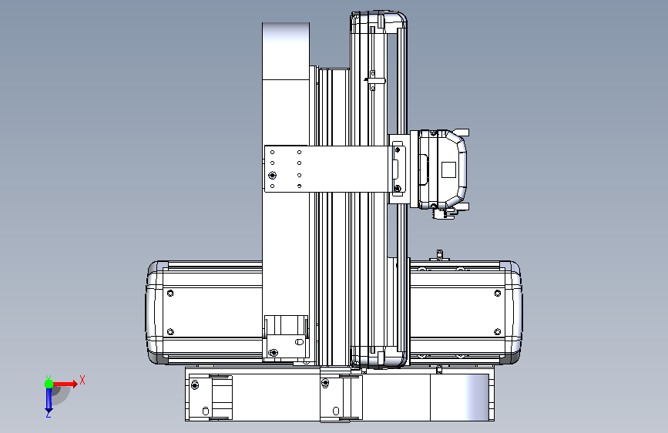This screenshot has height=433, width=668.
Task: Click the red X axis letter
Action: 82,380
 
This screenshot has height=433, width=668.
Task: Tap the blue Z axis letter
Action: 49,414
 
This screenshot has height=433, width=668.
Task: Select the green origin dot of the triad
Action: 49,384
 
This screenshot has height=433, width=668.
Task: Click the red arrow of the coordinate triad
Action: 65,384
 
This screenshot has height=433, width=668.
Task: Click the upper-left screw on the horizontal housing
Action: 170,294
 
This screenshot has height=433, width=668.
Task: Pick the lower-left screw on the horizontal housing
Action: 170,331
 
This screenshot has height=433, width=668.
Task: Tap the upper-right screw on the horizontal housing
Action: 497,294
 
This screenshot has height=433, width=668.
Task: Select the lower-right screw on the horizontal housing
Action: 497,331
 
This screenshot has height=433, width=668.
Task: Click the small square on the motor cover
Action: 448,170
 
